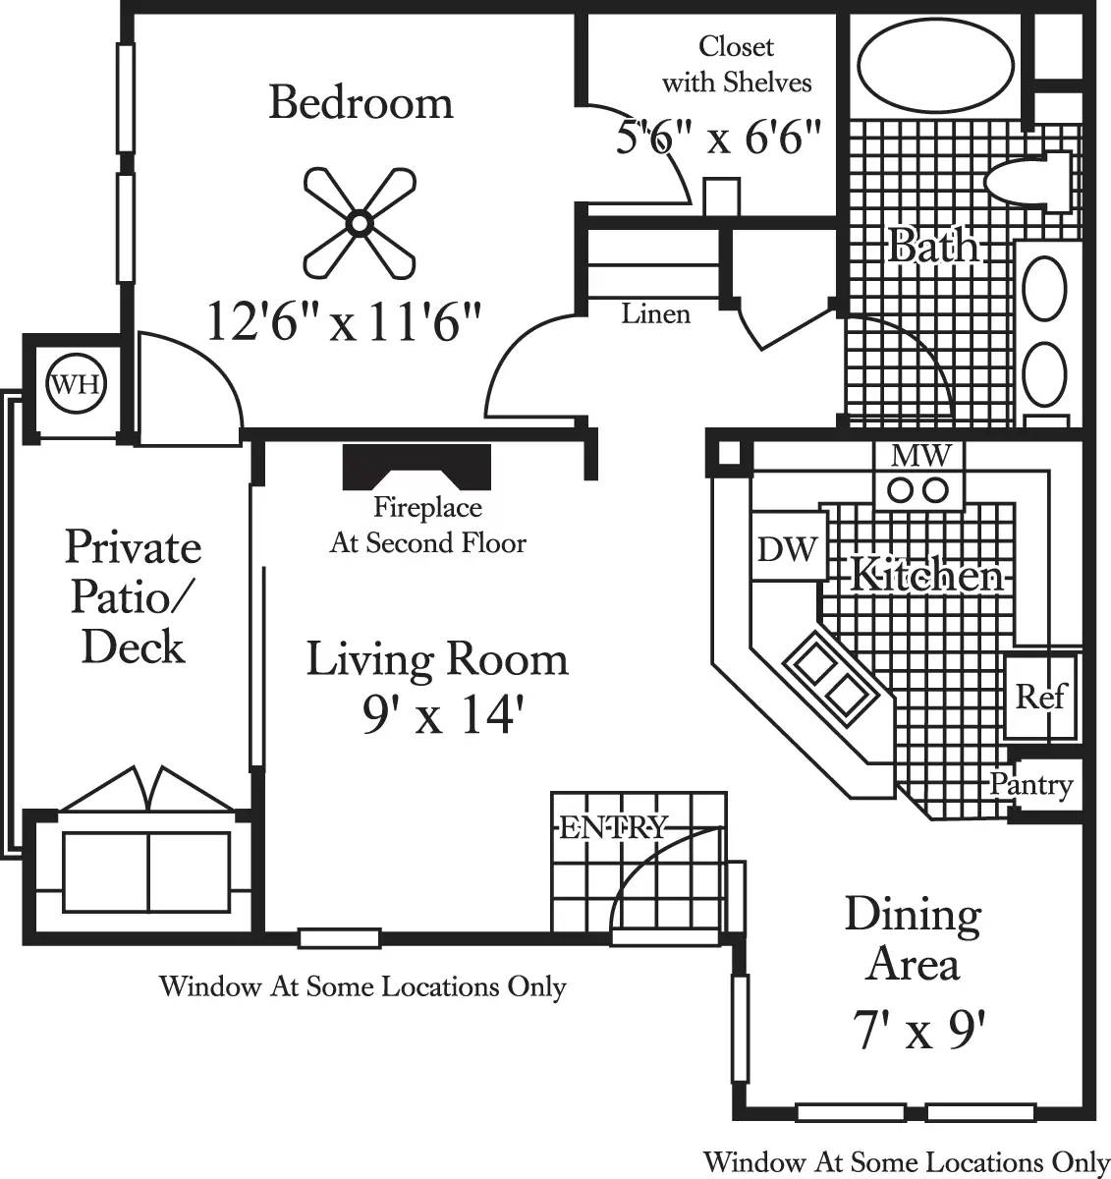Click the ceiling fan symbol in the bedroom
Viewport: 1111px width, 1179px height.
point(359,224)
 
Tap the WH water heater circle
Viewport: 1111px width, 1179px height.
point(76,383)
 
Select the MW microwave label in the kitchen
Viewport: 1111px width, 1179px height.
point(919,455)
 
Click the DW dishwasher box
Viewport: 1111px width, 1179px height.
point(787,548)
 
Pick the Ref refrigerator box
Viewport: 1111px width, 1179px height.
point(1039,697)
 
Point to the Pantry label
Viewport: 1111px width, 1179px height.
point(1030,785)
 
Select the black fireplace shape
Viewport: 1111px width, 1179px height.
point(417,466)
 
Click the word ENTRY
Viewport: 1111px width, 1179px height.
point(613,828)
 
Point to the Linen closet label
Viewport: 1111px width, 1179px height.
point(655,314)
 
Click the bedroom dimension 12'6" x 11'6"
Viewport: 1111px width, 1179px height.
point(345,320)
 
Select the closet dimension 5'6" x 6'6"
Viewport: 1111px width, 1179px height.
point(718,138)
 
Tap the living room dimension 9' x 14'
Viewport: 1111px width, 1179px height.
point(437,717)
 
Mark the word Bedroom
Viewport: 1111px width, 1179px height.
point(361,102)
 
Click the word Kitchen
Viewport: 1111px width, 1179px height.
point(925,574)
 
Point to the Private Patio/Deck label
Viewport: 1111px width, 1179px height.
point(133,596)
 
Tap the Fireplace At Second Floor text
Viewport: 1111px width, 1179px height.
point(427,526)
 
